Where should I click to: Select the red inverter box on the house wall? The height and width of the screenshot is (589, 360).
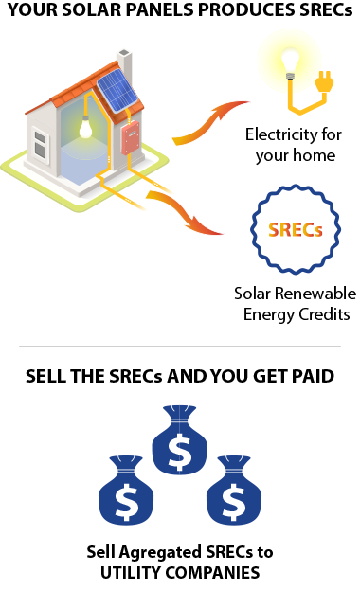click(x=130, y=139)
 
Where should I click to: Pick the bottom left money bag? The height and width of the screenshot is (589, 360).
click(x=126, y=492)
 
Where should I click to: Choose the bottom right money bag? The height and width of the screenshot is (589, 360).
click(x=229, y=492)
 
